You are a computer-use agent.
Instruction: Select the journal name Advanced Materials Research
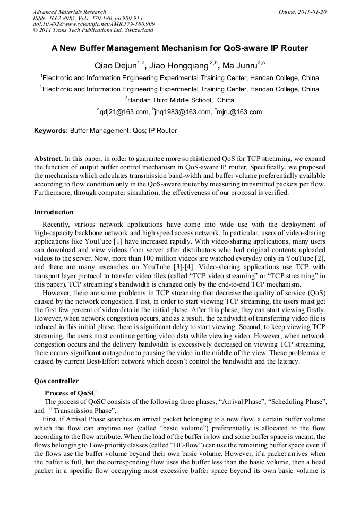[70, 12]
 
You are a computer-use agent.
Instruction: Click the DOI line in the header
[94, 24]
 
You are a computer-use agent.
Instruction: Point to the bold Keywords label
[51, 130]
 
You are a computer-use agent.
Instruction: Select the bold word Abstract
[48, 158]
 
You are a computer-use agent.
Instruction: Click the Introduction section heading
[54, 212]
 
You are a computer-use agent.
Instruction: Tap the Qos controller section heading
[56, 381]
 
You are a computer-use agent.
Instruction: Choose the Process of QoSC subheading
[71, 393]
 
